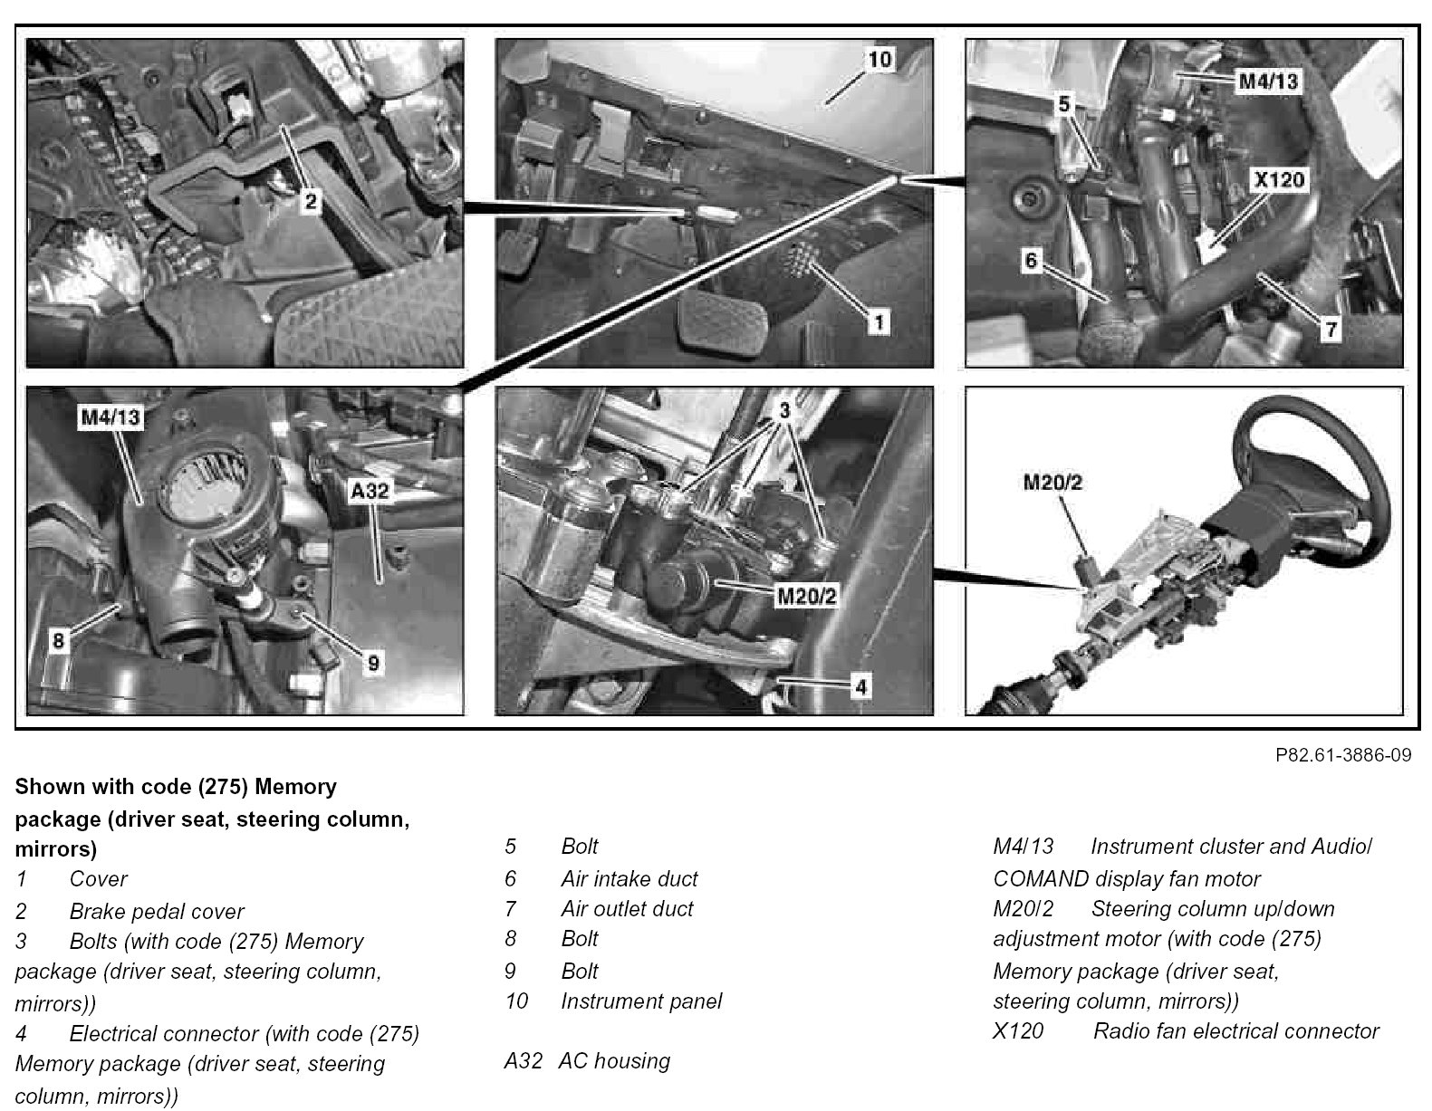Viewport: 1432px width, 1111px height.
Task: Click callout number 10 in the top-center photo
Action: coord(879,60)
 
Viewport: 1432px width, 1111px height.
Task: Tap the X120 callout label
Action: coord(1279,179)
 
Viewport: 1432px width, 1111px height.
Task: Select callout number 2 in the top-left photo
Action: coord(311,201)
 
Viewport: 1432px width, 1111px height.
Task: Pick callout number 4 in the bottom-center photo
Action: coord(860,687)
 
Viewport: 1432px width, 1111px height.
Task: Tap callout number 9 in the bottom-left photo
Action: coord(371,664)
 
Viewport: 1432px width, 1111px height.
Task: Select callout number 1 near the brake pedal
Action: coord(876,321)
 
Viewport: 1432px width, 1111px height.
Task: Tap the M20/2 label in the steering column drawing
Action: coord(1052,483)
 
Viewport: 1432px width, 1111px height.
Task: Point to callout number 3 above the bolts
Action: coord(784,410)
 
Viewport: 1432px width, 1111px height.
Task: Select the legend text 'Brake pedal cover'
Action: coord(157,911)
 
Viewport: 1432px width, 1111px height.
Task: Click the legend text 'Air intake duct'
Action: coord(629,878)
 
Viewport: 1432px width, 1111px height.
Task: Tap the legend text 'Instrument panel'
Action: coord(641,1001)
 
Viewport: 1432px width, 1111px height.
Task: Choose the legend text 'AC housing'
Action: coord(614,1060)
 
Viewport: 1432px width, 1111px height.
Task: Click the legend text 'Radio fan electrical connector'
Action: coord(1235,1030)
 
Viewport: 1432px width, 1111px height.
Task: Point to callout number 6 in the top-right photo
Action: coord(1030,261)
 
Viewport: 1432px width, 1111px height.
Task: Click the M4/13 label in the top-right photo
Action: coord(1267,81)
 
